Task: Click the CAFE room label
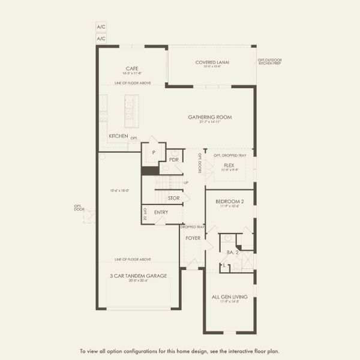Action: [x=133, y=68]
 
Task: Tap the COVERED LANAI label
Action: [x=212, y=62]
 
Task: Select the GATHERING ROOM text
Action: [x=209, y=117]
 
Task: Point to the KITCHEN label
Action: [x=118, y=136]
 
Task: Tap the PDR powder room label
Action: [x=174, y=160]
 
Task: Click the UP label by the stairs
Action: [x=186, y=182]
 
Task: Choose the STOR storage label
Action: [x=173, y=198]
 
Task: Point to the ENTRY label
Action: [x=161, y=212]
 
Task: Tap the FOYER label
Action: [x=193, y=238]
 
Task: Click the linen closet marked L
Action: [x=224, y=265]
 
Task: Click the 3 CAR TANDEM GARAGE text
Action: [x=138, y=276]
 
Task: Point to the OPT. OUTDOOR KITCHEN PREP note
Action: [x=269, y=61]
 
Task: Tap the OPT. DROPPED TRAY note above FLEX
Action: [x=226, y=155]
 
